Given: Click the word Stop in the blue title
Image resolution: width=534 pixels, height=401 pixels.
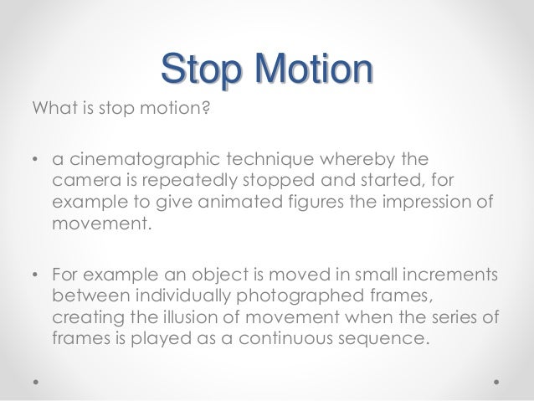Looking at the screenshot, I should pyautogui.click(x=196, y=66).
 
